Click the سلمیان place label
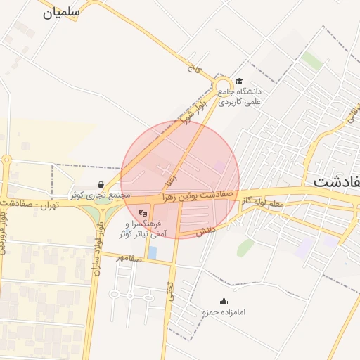62,12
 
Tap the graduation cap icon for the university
239,81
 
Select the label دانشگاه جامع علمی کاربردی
240,96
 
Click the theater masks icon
143,213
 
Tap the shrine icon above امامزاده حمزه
224,301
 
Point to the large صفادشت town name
336,181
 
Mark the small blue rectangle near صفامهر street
152,252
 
